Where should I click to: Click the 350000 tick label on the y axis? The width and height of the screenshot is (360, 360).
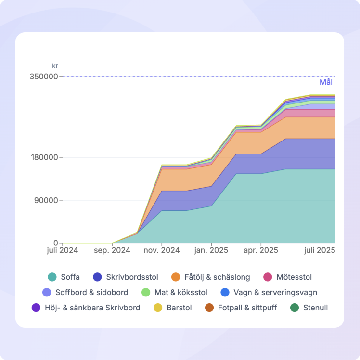(44, 77)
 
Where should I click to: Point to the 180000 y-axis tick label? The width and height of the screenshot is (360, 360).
(44, 157)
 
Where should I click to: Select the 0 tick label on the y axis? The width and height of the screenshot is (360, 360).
(56, 243)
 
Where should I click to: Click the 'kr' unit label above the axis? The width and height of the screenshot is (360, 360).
(55, 66)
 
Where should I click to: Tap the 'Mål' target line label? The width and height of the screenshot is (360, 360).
(326, 82)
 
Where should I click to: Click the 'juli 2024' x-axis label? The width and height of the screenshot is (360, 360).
(63, 251)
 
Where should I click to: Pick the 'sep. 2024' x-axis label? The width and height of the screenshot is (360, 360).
(112, 251)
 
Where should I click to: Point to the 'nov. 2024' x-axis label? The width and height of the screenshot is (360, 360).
(162, 251)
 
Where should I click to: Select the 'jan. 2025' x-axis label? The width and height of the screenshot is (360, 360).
(211, 251)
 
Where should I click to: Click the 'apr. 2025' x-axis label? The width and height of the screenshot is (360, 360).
(261, 251)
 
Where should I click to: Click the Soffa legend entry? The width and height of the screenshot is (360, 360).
(64, 277)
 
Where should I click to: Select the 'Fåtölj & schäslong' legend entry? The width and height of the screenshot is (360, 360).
(211, 277)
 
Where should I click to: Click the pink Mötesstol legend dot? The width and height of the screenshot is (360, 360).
(268, 277)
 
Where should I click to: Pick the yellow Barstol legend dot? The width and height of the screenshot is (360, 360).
(157, 308)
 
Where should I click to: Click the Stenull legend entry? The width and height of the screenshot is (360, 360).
(309, 308)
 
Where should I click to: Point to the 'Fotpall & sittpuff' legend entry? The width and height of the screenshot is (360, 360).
(241, 308)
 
